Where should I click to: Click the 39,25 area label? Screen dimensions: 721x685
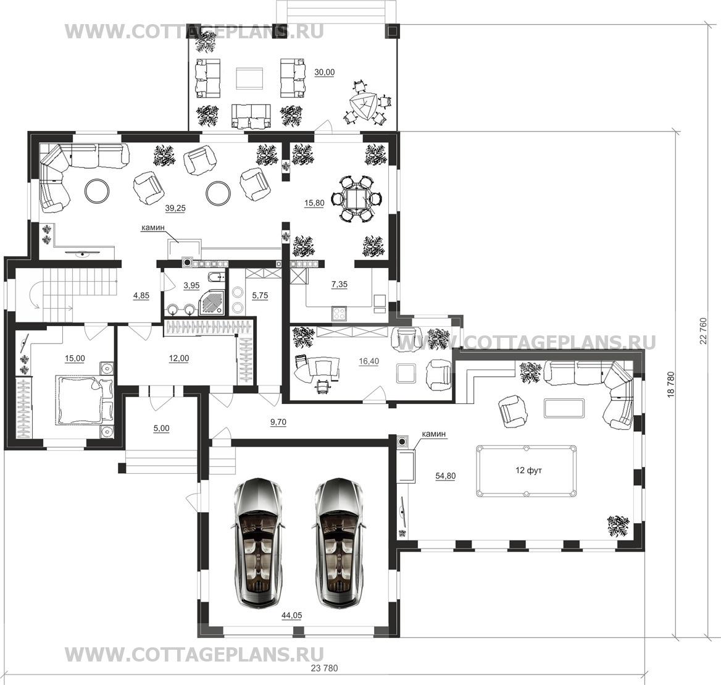click(x=175, y=208)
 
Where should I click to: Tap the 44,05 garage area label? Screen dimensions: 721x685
click(x=291, y=616)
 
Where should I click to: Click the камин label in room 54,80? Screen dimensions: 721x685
click(x=434, y=434)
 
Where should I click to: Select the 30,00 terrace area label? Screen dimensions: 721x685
click(x=324, y=72)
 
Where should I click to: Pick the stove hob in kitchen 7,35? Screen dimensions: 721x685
click(x=340, y=314)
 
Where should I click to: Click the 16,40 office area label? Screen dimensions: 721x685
click(x=369, y=361)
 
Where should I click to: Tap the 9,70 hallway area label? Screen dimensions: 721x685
click(x=278, y=422)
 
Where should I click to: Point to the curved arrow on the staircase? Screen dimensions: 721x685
click(x=35, y=295)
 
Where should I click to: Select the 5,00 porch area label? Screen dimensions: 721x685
click(x=161, y=428)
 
